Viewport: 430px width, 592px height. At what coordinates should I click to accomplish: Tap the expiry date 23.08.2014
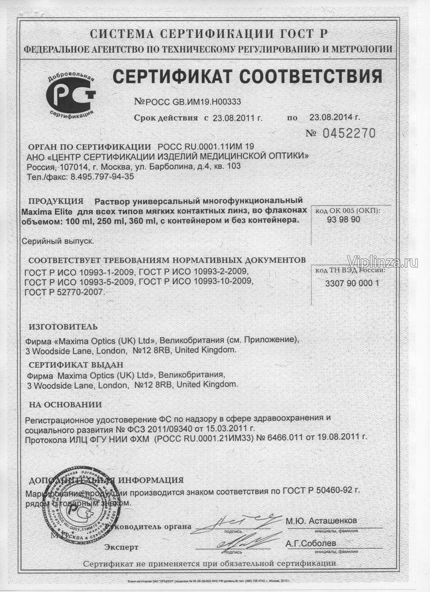[x=334, y=117]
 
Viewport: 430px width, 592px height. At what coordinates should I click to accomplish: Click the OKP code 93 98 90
[x=343, y=220]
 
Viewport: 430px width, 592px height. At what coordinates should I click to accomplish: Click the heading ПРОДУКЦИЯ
[x=56, y=202]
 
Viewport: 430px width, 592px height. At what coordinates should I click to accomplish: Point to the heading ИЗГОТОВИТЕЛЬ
[x=63, y=327]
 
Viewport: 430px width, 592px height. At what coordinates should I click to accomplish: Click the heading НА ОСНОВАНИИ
[x=65, y=405]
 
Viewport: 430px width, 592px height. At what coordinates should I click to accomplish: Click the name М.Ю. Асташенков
[x=321, y=521]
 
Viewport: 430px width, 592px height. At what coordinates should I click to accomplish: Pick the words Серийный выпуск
[x=57, y=241]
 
